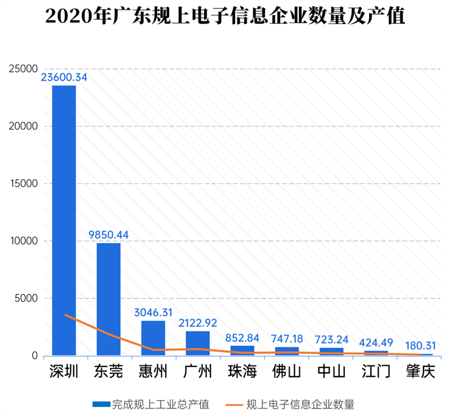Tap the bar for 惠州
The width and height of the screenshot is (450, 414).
(152, 338)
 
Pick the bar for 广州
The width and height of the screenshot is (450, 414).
(197, 343)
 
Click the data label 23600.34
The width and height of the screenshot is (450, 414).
(64, 78)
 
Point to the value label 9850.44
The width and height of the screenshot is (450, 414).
(108, 235)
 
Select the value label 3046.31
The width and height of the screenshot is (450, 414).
(153, 312)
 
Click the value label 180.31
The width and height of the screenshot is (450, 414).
(421, 345)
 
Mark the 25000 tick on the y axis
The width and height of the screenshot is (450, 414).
(23, 69)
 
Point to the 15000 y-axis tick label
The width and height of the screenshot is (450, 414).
(23, 184)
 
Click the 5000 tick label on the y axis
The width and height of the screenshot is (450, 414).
(26, 298)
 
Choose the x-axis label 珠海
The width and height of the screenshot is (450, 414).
(242, 372)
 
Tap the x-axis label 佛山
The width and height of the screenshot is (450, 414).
(287, 372)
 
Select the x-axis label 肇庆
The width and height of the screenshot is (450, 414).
(421, 372)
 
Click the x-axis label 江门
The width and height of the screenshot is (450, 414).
(376, 372)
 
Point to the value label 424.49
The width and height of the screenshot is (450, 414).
(376, 342)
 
